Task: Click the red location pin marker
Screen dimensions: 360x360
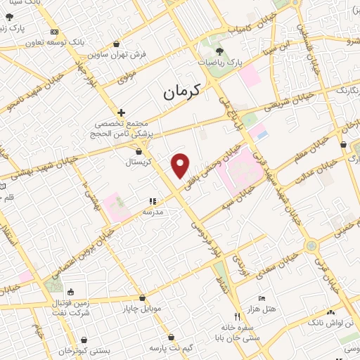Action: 181,165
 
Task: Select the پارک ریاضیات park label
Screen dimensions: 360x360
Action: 219,63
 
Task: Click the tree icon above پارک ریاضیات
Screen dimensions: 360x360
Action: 219,51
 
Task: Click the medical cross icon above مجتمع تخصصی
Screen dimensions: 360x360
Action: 122,112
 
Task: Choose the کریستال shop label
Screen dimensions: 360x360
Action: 139,162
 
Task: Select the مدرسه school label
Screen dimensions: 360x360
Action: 153,211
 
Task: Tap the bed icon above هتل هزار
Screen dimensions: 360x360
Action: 262,298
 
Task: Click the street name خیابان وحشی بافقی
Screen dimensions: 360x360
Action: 210,162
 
